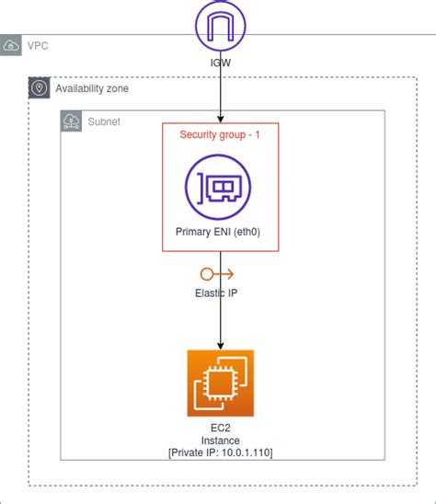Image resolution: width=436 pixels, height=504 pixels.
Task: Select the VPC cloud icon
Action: [x=11, y=46]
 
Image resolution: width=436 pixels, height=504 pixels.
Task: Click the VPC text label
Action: [x=38, y=45]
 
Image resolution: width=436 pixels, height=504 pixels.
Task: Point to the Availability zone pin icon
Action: [x=39, y=88]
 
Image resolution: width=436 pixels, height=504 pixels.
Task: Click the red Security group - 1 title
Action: [x=220, y=134]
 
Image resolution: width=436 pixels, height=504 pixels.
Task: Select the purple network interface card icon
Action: [x=220, y=188]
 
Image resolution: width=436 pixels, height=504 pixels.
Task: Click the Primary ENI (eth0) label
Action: [x=219, y=232]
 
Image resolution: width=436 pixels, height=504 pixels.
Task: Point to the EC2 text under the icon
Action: [x=220, y=428]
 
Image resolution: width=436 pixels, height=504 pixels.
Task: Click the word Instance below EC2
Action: [x=220, y=441]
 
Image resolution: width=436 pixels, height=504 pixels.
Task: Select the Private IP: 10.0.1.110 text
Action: [x=220, y=453]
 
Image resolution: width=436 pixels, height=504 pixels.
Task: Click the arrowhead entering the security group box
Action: [x=220, y=119]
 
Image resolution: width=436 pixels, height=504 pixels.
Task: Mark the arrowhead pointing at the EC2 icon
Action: [x=220, y=344]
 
